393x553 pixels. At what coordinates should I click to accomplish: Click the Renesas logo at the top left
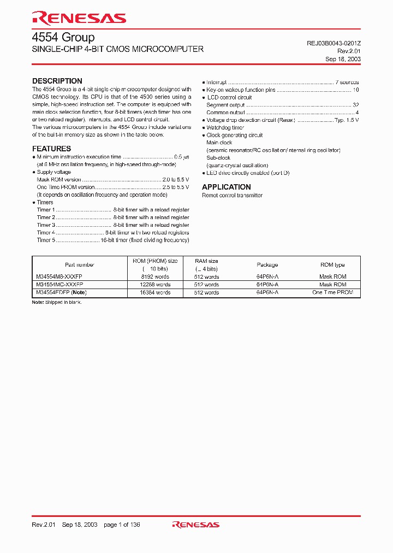point(79,18)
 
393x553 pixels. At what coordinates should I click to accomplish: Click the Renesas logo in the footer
point(195,525)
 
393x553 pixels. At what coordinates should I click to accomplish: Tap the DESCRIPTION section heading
point(57,81)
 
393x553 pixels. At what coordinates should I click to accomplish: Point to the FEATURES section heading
point(51,149)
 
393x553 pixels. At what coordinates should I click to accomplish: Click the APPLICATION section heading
point(227,187)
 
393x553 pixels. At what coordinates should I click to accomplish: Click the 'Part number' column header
point(80,265)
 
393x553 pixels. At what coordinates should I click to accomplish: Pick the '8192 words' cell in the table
point(154,277)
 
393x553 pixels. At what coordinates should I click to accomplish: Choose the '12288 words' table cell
point(154,285)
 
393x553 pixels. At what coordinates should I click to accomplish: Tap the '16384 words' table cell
point(154,293)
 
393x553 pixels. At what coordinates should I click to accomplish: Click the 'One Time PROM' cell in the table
point(332,293)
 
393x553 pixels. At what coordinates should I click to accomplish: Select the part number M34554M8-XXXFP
point(59,277)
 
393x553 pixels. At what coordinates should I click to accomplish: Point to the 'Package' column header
point(267,265)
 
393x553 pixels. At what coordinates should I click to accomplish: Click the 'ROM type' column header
point(332,265)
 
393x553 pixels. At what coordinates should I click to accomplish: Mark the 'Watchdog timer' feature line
point(225,128)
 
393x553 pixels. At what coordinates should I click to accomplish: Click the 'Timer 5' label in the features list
point(46,240)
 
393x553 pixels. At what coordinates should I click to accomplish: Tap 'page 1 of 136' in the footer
point(122,525)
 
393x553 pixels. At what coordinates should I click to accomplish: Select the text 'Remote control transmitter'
point(232,196)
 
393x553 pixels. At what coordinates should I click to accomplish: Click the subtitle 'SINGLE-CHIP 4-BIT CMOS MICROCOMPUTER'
point(118,49)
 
